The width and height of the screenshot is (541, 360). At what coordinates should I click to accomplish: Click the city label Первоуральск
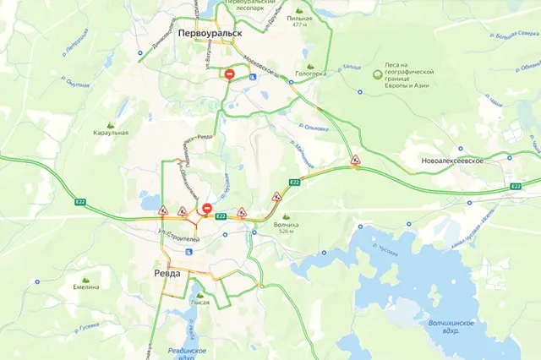pyautogui.click(x=210, y=32)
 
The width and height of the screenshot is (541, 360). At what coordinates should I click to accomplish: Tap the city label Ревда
pyautogui.click(x=167, y=274)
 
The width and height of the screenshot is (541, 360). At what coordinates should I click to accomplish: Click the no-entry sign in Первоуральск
pyautogui.click(x=230, y=75)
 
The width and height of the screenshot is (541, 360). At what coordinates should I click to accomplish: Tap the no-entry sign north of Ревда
pyautogui.click(x=206, y=209)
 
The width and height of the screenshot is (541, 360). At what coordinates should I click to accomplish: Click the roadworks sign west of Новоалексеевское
pyautogui.click(x=356, y=161)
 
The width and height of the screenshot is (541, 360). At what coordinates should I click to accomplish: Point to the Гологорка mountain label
pyautogui.click(x=310, y=74)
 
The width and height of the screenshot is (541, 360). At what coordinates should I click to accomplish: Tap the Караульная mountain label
pyautogui.click(x=111, y=133)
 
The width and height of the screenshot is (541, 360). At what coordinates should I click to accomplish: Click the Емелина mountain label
pyautogui.click(x=85, y=286)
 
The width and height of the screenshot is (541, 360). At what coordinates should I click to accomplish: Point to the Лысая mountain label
pyautogui.click(x=200, y=302)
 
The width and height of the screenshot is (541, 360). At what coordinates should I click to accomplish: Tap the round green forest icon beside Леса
pyautogui.click(x=378, y=74)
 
